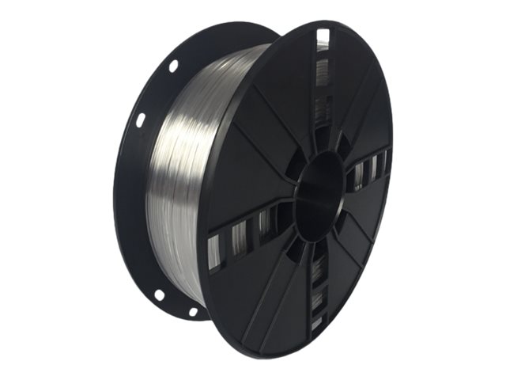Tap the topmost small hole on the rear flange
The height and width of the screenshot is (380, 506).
173,66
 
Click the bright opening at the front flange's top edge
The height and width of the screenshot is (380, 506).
322,37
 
